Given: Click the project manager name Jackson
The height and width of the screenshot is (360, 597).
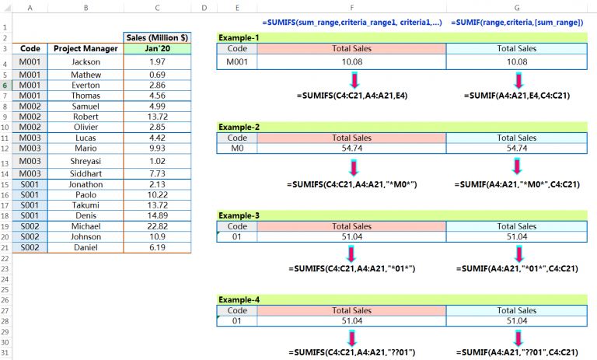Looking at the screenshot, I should (86, 61).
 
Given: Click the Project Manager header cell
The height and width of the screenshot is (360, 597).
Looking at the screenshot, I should (86, 48).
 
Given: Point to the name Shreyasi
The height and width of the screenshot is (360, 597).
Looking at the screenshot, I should (86, 161).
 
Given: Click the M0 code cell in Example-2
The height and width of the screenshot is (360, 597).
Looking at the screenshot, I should (237, 148).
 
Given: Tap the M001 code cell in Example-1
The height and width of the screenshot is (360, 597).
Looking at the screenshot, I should (237, 61).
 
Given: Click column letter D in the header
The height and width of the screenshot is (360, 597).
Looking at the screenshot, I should (203, 8).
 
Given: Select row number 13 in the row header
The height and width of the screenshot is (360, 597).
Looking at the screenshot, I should (5, 162).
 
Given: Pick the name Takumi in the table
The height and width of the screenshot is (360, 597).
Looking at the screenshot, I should (86, 204).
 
